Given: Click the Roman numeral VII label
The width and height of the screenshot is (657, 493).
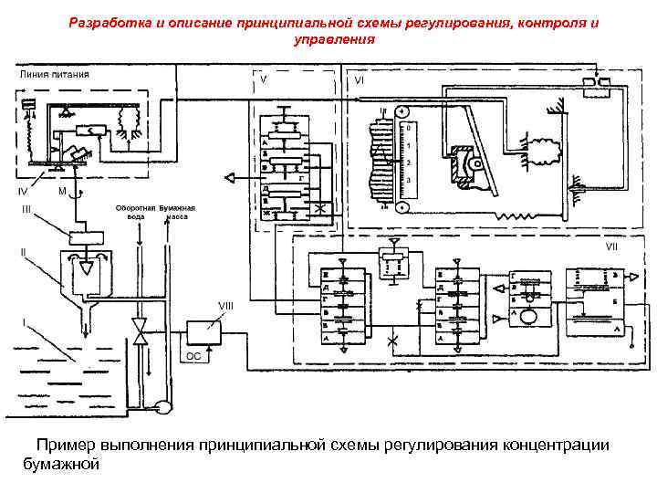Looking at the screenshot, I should click(x=613, y=246).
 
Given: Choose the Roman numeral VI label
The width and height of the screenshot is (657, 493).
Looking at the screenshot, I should click(x=361, y=79).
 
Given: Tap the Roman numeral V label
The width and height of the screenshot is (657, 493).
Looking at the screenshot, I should click(x=263, y=79).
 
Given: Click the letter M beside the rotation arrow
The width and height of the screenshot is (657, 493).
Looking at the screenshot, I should click(x=60, y=192).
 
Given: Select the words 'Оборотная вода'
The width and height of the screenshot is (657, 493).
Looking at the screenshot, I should click(x=134, y=214).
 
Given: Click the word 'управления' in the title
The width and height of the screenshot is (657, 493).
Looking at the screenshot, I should click(x=333, y=40).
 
